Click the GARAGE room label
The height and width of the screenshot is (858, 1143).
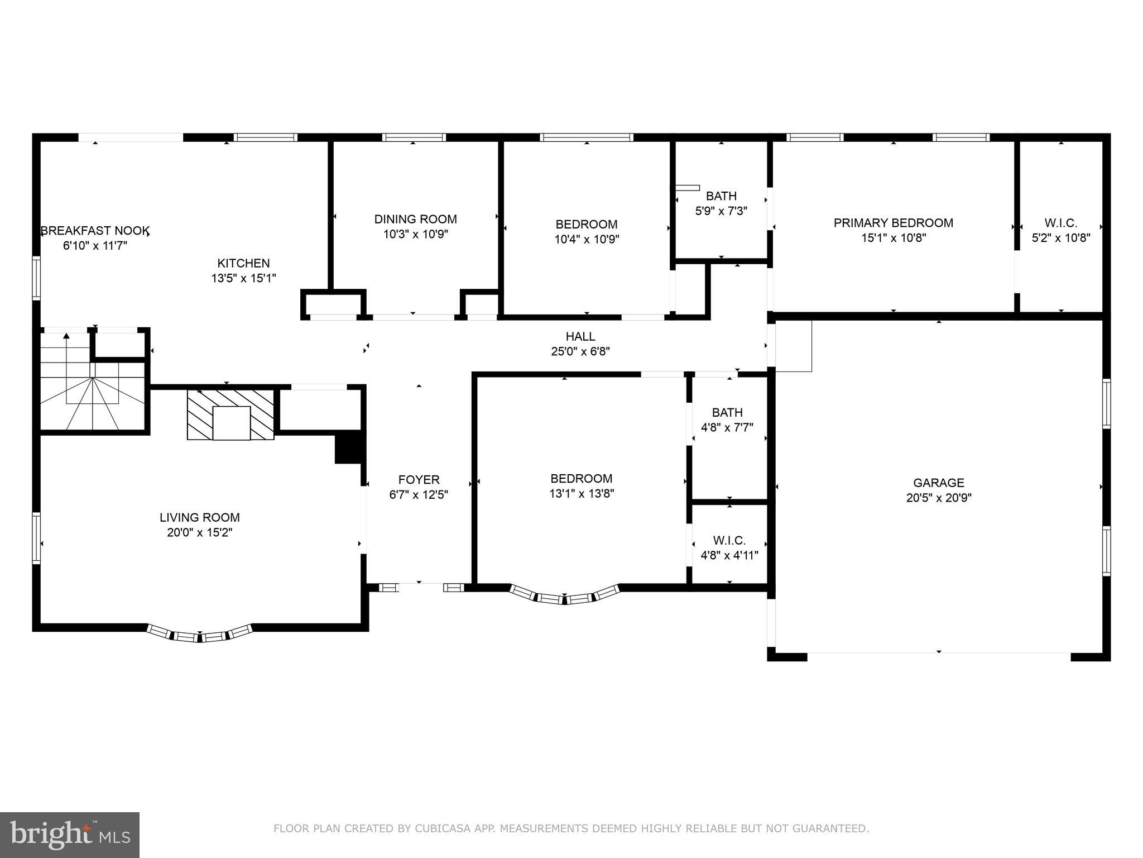[x=938, y=483]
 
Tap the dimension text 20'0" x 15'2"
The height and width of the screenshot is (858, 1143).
[x=199, y=532]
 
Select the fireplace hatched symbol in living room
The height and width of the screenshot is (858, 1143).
[x=230, y=414]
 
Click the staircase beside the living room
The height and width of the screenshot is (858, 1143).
[x=92, y=385]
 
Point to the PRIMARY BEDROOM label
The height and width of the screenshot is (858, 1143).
[x=893, y=223]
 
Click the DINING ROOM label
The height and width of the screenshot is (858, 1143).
[x=415, y=219]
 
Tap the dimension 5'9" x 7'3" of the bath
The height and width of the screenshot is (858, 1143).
[x=721, y=211]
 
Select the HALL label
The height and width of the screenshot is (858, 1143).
[x=580, y=336]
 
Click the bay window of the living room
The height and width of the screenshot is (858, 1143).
[x=200, y=635]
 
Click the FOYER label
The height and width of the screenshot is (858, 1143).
[x=419, y=479]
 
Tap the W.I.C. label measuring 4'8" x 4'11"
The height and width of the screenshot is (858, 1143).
[x=729, y=540]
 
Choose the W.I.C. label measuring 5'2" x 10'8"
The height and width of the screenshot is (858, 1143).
[x=1060, y=223]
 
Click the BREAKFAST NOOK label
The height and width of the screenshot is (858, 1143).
[x=95, y=230]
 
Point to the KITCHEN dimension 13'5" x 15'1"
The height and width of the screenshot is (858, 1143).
[x=243, y=278]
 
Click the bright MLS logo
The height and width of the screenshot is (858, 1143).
[x=69, y=835]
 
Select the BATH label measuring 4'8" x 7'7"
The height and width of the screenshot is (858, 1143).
[x=727, y=412]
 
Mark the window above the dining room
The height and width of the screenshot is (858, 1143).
[x=414, y=137]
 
